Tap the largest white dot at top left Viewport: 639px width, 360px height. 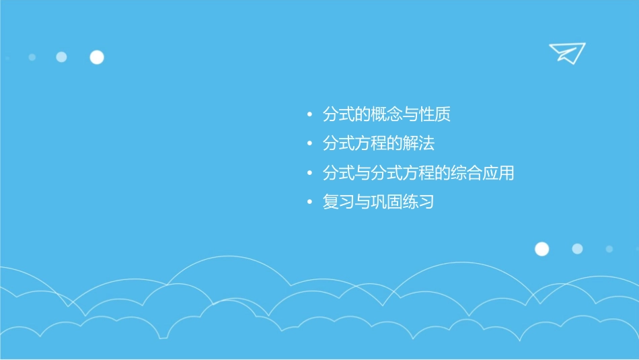(x=97, y=57)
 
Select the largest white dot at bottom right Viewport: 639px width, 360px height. (x=541, y=249)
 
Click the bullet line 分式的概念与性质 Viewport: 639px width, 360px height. (x=386, y=115)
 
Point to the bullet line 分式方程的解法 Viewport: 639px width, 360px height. (x=379, y=144)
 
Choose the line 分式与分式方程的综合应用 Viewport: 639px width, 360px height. (x=418, y=173)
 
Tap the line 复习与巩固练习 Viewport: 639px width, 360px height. (x=378, y=202)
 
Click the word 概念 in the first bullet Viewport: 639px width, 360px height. (x=386, y=115)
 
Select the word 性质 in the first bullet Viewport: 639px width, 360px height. (x=435, y=115)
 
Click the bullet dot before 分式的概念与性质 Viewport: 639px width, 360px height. (x=309, y=115)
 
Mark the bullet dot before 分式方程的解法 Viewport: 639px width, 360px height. (x=309, y=144)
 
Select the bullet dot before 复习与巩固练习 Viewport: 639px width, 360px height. (x=309, y=202)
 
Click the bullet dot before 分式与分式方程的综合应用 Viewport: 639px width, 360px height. (x=309, y=173)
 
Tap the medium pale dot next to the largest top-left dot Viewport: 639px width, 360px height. (x=61, y=57)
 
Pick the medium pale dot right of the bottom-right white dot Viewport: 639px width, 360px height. (x=577, y=249)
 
